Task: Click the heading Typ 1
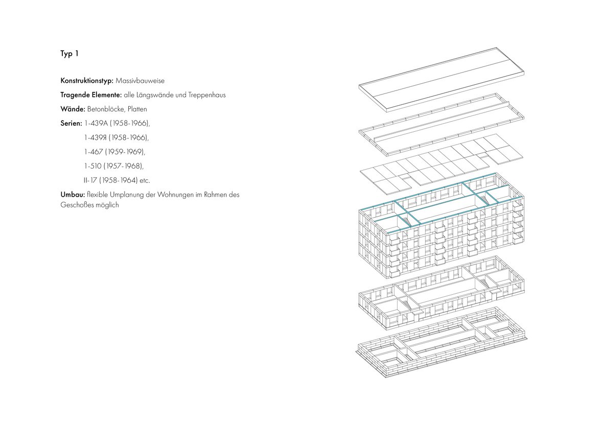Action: (70, 54)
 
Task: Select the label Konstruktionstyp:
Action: (87, 81)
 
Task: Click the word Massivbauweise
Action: (140, 81)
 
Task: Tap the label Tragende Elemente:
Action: (91, 95)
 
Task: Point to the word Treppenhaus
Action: (207, 95)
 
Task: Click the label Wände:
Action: (73, 109)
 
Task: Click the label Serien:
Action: (72, 124)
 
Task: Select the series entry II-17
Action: (90, 180)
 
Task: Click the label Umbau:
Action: (73, 195)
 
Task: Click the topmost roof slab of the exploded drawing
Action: (442, 80)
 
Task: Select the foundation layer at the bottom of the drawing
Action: (442, 342)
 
